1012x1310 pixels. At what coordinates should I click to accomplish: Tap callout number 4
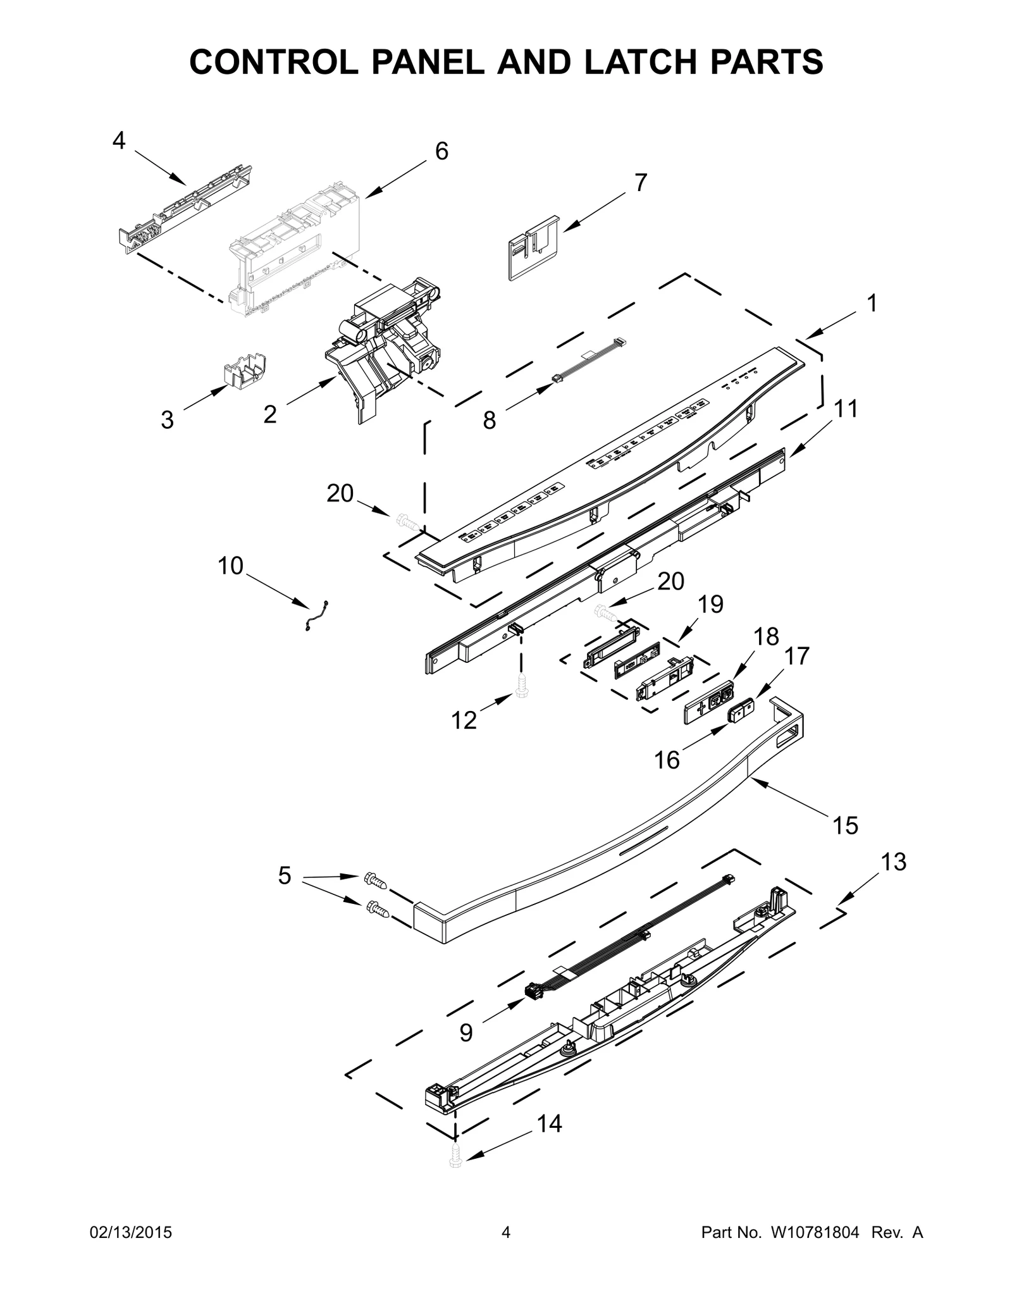click(x=119, y=141)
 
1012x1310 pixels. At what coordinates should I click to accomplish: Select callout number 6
click(x=441, y=151)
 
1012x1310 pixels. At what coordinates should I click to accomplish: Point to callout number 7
click(x=641, y=183)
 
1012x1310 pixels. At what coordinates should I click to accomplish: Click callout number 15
click(x=846, y=825)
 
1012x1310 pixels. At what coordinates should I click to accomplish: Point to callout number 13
click(x=893, y=862)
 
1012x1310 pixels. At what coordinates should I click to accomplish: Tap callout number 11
click(x=846, y=409)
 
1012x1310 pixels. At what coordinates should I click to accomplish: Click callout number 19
click(x=710, y=605)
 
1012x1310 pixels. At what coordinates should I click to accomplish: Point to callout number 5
click(x=285, y=875)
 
